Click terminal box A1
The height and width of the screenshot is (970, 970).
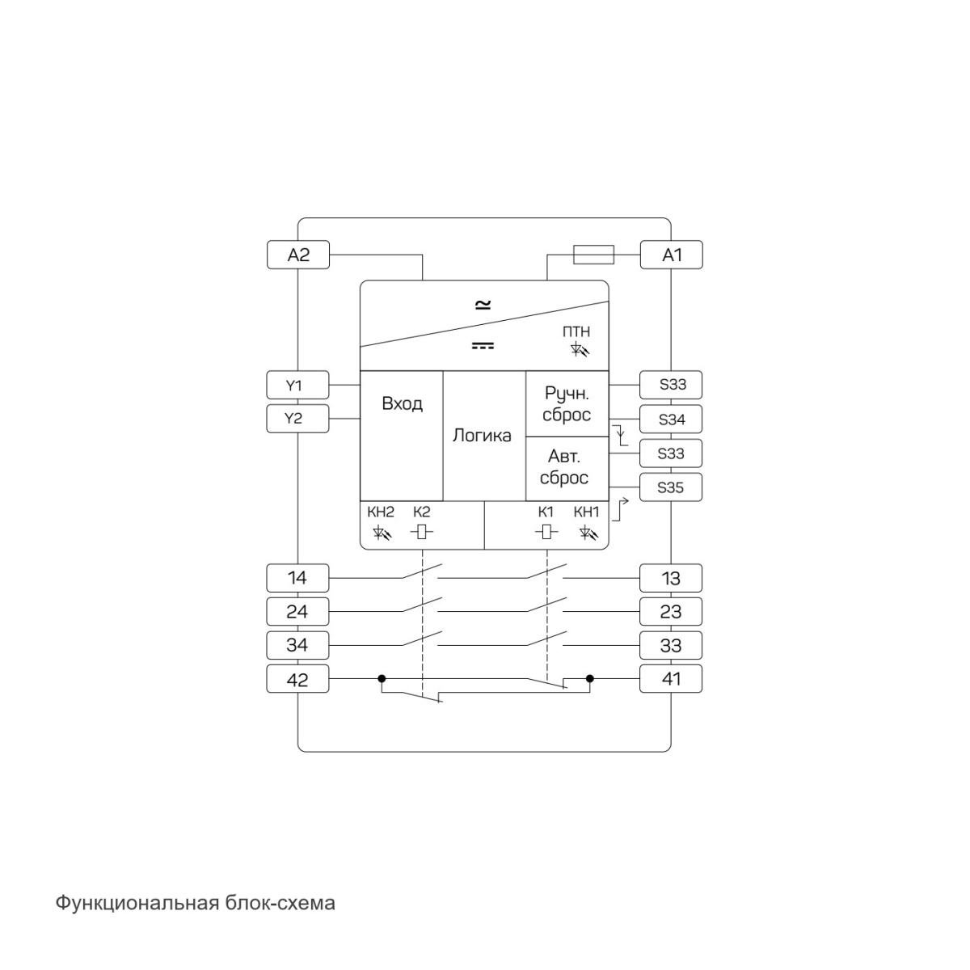tap(671, 255)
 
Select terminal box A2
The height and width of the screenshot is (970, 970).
tap(298, 255)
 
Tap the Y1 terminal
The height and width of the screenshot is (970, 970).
tap(297, 385)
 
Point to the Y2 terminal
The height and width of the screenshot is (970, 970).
tap(297, 418)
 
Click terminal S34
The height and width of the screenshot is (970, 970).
tap(671, 419)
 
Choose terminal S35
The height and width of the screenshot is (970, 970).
tap(671, 487)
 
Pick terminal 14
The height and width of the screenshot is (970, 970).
tap(297, 578)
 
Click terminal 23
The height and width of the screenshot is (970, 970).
tap(671, 612)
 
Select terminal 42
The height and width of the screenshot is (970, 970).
tap(297, 678)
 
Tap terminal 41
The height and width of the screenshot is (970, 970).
tap(671, 678)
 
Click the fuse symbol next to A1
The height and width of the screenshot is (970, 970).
tap(593, 255)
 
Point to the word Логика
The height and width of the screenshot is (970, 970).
tap(482, 436)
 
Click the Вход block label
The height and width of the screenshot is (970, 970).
tap(403, 403)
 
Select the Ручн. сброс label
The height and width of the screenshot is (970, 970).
tap(567, 404)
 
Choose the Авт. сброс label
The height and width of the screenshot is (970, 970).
tap(564, 467)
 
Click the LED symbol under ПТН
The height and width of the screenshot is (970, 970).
tap(580, 349)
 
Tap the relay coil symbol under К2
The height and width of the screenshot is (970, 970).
tap(421, 532)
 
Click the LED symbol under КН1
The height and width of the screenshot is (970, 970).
tap(588, 532)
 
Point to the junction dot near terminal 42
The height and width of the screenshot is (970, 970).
tap(382, 678)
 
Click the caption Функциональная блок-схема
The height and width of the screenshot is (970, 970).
tap(196, 903)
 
